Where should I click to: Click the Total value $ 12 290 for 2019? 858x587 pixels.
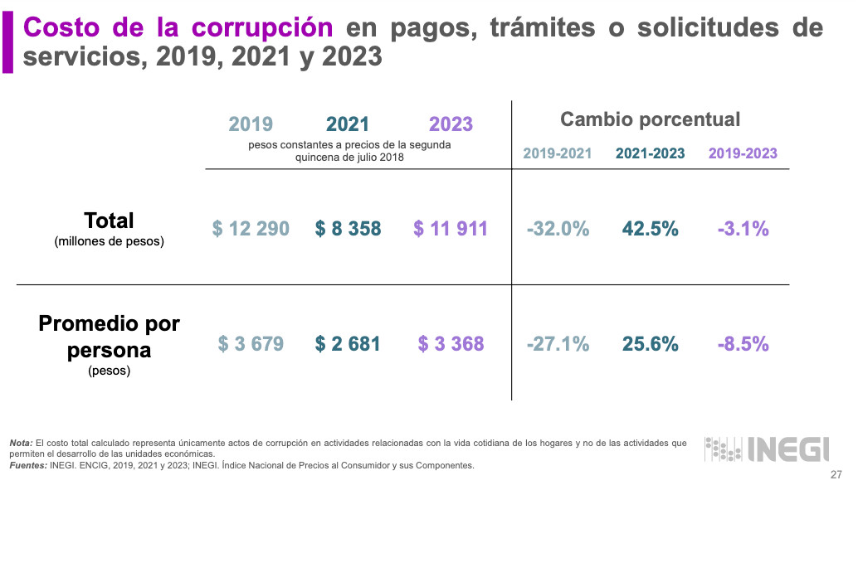click(251, 229)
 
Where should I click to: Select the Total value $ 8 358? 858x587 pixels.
click(348, 229)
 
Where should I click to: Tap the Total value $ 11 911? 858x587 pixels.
click(451, 229)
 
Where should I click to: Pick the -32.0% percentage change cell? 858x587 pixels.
click(558, 229)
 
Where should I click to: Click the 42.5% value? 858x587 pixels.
click(650, 229)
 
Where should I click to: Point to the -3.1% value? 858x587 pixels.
click(743, 229)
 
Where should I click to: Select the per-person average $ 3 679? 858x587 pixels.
click(251, 343)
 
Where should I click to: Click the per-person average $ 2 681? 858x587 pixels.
click(348, 343)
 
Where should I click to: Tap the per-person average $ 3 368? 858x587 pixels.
click(451, 343)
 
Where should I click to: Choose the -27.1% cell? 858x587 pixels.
click(558, 343)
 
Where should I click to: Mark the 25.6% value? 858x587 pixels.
click(650, 343)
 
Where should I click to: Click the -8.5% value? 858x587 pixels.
click(743, 343)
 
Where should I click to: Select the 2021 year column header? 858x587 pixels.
click(348, 124)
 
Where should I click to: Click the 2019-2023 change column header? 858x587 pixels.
click(743, 153)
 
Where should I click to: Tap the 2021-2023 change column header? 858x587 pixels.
click(650, 153)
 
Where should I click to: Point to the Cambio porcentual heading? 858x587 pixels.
click(650, 119)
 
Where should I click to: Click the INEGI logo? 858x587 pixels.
click(767, 449)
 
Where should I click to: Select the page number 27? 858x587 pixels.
click(836, 475)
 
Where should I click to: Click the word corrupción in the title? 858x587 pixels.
click(261, 27)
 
